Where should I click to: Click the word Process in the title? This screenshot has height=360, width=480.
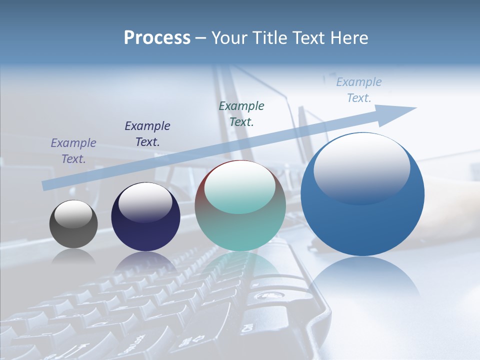click(x=157, y=38)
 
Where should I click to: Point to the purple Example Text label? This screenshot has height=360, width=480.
click(x=73, y=150)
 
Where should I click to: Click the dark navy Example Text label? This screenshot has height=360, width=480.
click(x=147, y=133)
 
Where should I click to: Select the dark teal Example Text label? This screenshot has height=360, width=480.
click(x=241, y=113)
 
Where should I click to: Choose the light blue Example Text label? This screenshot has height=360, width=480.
click(x=359, y=90)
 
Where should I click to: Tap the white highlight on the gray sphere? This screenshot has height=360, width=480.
click(x=73, y=214)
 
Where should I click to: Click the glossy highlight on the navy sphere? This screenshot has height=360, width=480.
click(x=145, y=202)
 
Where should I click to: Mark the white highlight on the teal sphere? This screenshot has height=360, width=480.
click(x=240, y=187)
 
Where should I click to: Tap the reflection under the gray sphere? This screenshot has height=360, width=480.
click(x=73, y=256)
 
